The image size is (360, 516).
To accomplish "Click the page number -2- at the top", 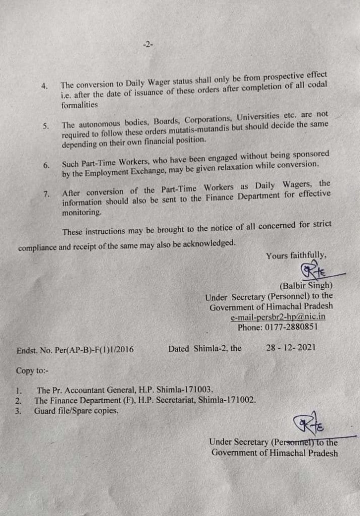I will coord(148,45).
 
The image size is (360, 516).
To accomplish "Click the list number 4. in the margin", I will coord(45,86).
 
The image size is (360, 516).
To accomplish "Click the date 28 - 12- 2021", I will coord(291,348).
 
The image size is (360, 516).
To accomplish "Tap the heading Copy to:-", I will coord(32,371).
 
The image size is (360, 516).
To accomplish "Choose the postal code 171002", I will coord(239,401).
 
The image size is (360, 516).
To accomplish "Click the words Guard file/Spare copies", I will coord(77,411).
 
